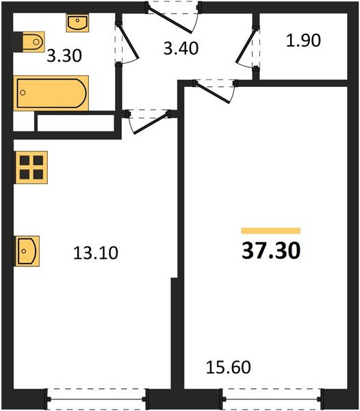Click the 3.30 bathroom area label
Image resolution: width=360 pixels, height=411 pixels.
coord(64,56)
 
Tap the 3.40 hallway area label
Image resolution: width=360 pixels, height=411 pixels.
coord(181,49)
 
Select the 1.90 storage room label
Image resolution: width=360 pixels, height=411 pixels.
coord(303,40)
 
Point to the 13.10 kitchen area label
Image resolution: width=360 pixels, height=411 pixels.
coord(96,253)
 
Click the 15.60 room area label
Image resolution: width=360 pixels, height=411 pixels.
coord(229,367)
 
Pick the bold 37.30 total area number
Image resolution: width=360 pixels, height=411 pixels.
coord(271,251)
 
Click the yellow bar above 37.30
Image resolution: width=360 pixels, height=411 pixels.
coord(271,231)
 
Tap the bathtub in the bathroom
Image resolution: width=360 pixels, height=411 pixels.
coord(51,93)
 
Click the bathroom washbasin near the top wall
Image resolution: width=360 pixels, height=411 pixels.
coord(77,23)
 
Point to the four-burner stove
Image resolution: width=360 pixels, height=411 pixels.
coord(31,168)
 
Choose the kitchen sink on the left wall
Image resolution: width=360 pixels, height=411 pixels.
coord(27,251)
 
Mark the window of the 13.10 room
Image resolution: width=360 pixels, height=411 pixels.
coord(97,399)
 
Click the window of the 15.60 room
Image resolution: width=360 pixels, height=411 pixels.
coord(272,399)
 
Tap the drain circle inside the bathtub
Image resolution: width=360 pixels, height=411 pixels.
coord(23,92)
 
